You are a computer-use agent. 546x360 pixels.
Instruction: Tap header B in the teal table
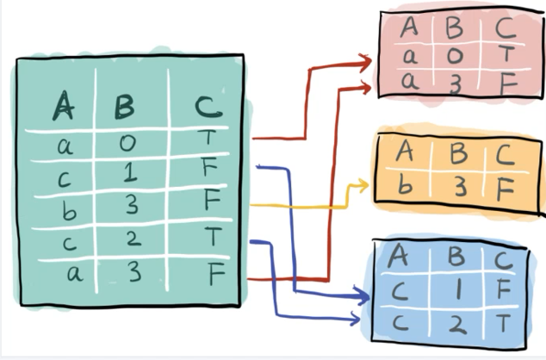click(124, 108)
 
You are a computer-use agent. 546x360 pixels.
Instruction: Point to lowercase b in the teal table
click(63, 207)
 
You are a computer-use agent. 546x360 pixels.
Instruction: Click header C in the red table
click(506, 28)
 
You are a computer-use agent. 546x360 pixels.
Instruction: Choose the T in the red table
click(506, 55)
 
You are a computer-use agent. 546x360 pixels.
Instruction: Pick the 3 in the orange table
click(459, 184)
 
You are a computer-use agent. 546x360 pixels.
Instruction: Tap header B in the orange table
click(458, 155)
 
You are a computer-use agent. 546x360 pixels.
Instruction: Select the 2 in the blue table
click(456, 326)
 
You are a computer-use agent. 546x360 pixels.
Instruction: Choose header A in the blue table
click(399, 256)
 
